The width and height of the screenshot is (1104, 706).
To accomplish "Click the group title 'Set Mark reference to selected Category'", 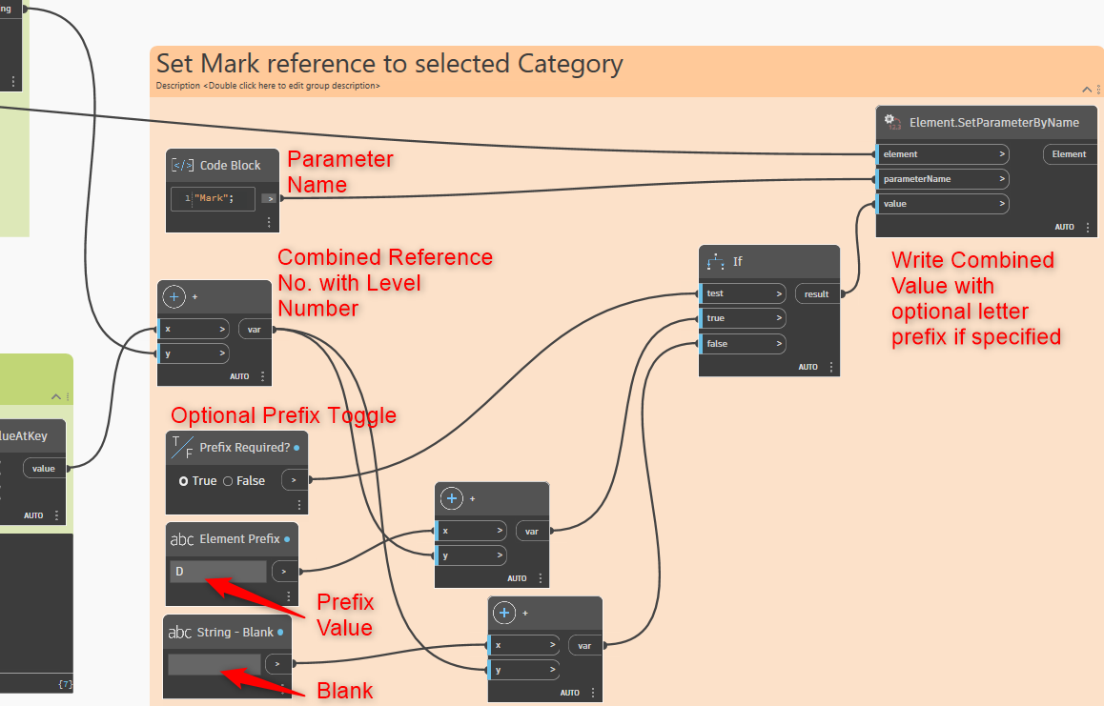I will point(389,64).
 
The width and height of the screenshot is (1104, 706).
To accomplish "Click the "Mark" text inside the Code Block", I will point(213,198).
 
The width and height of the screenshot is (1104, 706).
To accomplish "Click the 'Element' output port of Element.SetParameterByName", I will point(1069,154).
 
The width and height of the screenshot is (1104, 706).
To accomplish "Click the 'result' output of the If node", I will point(816,294).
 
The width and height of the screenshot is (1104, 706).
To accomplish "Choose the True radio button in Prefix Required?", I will point(184,481).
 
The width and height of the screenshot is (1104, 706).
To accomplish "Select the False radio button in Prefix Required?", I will point(228,481).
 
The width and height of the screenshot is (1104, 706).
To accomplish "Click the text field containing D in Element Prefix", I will point(218,572).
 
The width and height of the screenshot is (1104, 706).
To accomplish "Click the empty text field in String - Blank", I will point(215,664).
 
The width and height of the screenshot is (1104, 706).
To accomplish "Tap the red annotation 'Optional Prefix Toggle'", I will point(283,415).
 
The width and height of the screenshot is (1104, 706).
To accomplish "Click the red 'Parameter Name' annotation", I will point(340,171).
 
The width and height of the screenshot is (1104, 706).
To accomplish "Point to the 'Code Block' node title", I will point(230,166).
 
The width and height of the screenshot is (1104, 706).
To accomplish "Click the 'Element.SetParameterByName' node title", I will point(993,122).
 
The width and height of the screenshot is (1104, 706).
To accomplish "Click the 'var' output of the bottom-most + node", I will point(584,646).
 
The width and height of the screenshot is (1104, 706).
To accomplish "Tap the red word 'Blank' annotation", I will point(344,691).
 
